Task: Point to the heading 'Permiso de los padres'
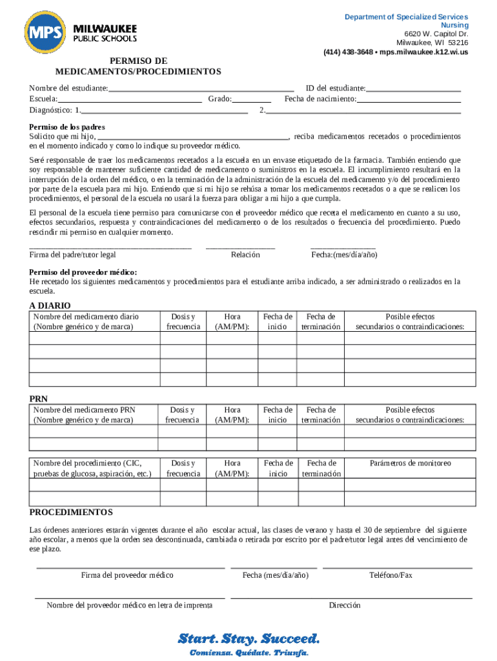tap(67, 127)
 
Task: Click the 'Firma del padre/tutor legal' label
tap(73, 254)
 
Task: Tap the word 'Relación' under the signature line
tap(245, 254)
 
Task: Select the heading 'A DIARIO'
tap(50, 305)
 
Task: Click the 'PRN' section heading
tap(39, 399)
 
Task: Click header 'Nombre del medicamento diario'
tap(86, 316)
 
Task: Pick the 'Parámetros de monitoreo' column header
tap(410, 463)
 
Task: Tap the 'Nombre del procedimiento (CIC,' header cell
tap(87, 463)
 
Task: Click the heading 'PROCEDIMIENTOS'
tap(71, 512)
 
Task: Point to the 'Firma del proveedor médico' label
tap(127, 575)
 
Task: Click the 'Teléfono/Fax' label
tap(391, 575)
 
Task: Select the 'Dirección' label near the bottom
tap(345, 605)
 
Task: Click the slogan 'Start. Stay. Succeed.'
tap(249, 639)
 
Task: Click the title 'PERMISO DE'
tap(138, 61)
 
